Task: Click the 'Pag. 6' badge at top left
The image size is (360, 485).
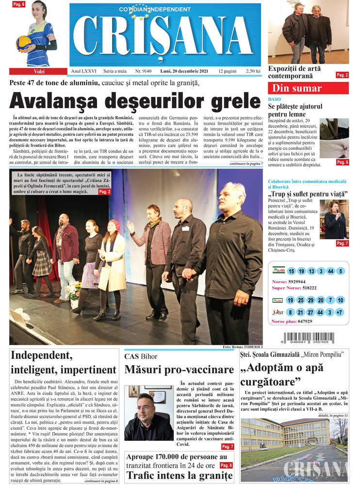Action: pyautogui.click(x=19, y=4)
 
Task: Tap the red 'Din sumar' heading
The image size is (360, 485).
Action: pyautogui.click(x=296, y=88)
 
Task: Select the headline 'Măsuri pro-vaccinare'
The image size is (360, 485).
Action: pyautogui.click(x=179, y=370)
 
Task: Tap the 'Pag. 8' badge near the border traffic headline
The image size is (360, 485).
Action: pyautogui.click(x=226, y=465)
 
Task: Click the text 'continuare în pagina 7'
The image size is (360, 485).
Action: pyautogui.click(x=246, y=164)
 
